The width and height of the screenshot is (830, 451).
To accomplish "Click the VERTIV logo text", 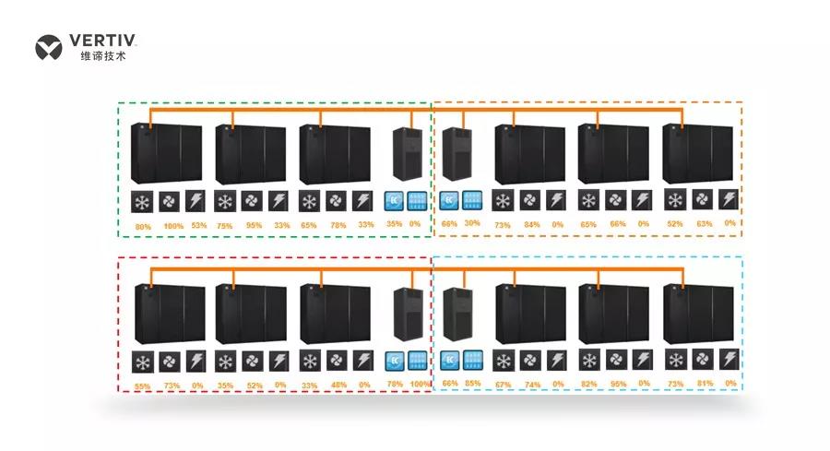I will (x=102, y=41).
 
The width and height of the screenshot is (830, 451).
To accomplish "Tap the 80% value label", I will (x=143, y=225).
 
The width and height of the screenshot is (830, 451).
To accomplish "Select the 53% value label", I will (x=198, y=225).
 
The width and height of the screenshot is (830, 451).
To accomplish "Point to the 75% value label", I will (x=225, y=225).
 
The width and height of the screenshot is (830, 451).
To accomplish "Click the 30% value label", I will (x=472, y=224).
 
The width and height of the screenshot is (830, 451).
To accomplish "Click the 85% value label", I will (x=472, y=383).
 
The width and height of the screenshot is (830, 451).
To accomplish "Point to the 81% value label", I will (x=705, y=383).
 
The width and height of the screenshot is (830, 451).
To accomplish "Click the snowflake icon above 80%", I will (x=143, y=202).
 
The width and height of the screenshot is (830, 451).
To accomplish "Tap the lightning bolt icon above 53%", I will (x=198, y=202).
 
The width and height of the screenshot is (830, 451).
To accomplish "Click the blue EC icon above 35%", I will (x=394, y=201).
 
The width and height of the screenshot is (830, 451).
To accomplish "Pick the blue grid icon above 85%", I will (x=472, y=361).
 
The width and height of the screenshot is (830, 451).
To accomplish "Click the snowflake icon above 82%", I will (x=588, y=361).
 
